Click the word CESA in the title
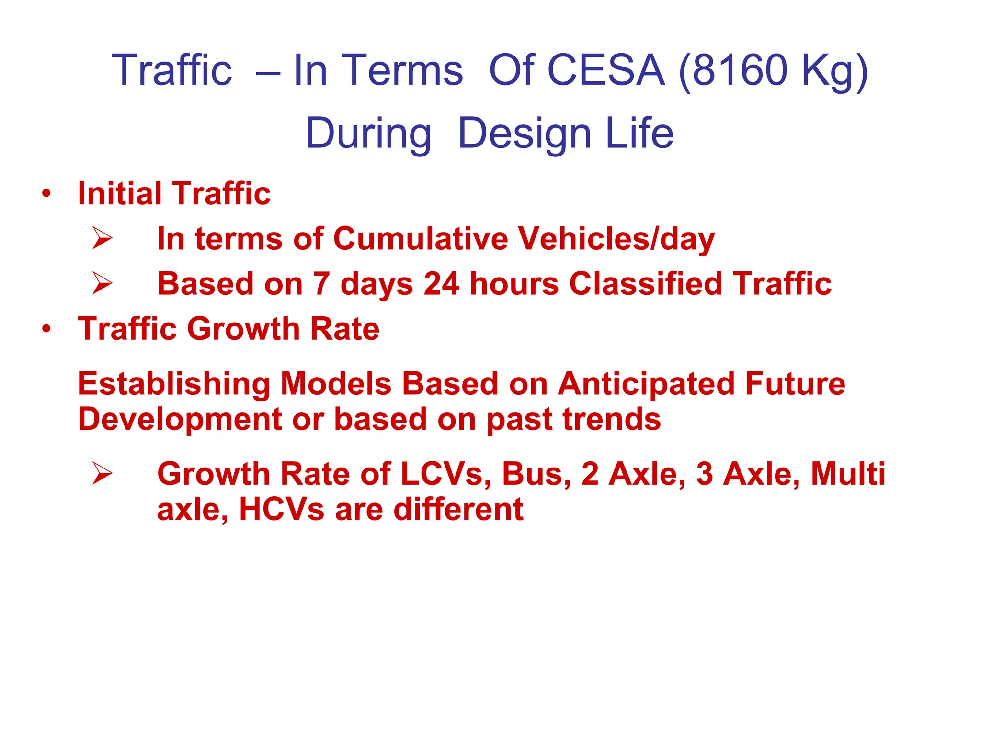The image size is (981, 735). [606, 70]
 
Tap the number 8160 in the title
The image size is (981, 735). [740, 70]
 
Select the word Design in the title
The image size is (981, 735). [525, 134]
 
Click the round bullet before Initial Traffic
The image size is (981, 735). [46, 194]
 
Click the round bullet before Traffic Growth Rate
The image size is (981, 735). [46, 329]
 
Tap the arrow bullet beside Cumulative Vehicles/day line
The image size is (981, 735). [102, 238]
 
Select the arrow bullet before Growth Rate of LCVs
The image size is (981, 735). [102, 473]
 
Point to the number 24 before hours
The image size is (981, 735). [441, 283]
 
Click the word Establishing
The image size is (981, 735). [174, 384]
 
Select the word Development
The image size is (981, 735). [180, 419]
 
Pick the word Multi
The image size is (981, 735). [848, 474]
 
